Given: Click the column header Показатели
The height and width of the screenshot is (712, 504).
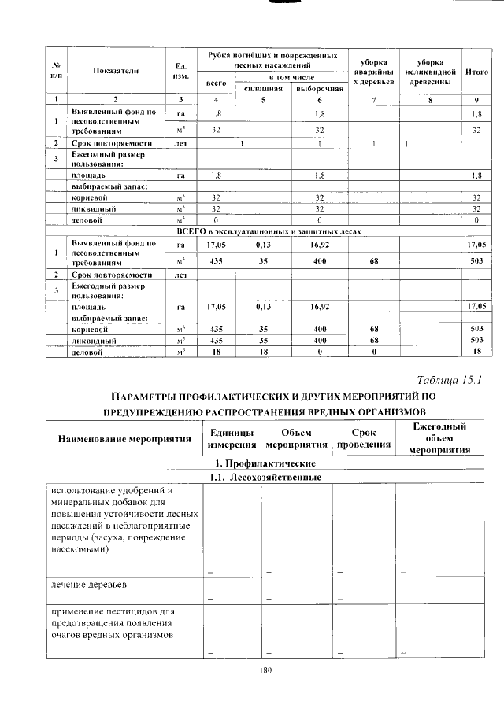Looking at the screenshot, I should coord(116,72).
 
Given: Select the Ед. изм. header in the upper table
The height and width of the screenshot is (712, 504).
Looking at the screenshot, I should coord(180,72).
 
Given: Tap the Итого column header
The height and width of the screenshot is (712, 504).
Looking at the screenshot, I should coord(476,72).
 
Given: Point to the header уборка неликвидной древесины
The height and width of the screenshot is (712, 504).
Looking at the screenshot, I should coord(431,72).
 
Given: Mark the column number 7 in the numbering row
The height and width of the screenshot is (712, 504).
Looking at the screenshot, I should coord(374,100).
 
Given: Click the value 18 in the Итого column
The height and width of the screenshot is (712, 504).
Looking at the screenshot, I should coord(476,352).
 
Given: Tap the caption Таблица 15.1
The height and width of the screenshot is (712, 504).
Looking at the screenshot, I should coord(447,380).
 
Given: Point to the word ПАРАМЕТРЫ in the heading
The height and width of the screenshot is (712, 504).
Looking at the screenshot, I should coord(141,397).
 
